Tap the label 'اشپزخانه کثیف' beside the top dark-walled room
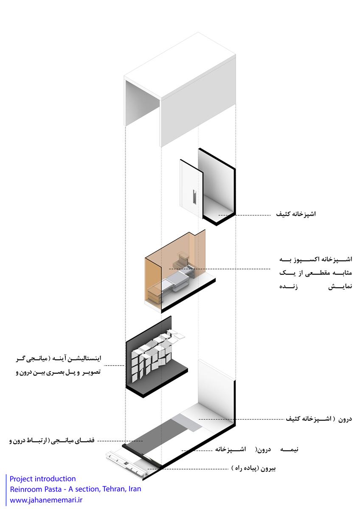[295, 214]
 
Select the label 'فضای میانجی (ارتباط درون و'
[52, 440]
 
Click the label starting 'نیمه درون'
[256, 449]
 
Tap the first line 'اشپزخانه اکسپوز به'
[316, 259]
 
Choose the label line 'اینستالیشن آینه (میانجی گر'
[59, 359]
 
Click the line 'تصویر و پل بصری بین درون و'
[58, 372]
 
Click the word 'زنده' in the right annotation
[288, 286]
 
